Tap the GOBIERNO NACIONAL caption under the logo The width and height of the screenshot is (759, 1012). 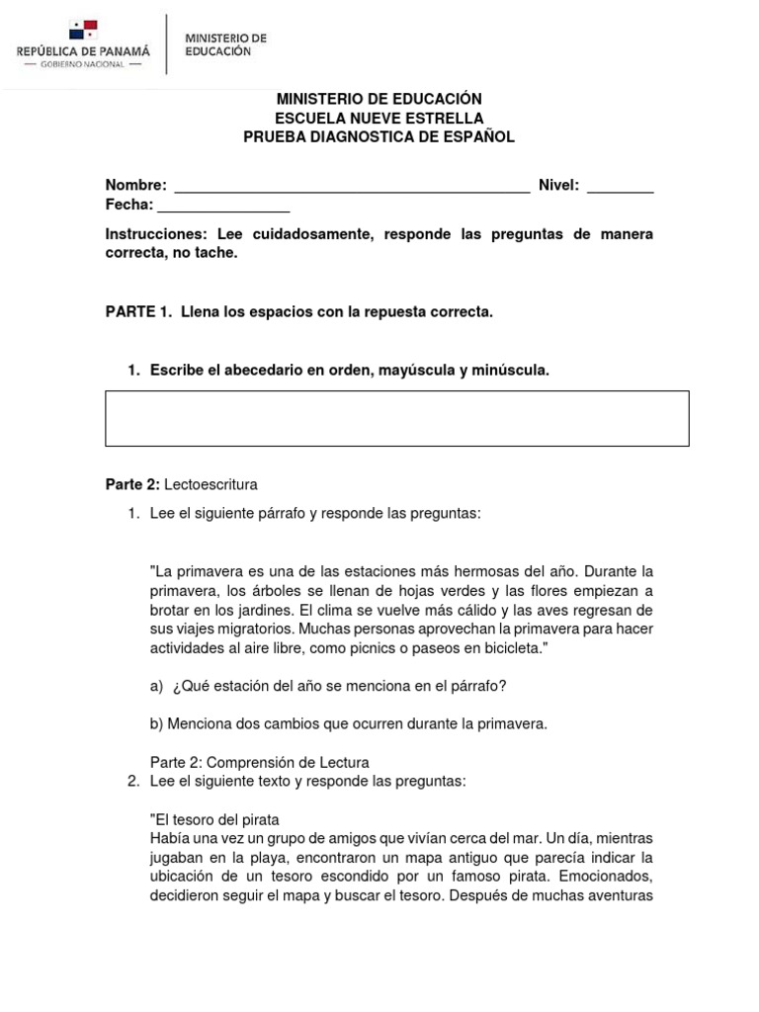point(82,64)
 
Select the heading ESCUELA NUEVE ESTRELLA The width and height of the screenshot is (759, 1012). point(379,119)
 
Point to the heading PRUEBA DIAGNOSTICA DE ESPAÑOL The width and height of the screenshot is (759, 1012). point(379,137)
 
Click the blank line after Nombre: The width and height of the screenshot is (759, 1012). point(351,186)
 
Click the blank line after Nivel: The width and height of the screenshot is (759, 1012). point(620,186)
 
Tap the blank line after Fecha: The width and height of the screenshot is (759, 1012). point(223,206)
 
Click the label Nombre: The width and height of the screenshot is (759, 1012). point(136,186)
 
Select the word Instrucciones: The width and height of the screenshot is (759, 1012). point(155,234)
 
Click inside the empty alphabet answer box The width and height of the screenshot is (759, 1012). point(396,418)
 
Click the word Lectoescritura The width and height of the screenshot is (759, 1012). point(211,484)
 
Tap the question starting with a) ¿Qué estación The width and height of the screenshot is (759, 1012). point(328,686)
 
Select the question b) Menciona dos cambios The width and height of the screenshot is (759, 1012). point(348,723)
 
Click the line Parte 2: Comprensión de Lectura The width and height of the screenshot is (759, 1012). point(259,762)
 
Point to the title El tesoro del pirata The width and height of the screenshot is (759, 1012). point(214,819)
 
